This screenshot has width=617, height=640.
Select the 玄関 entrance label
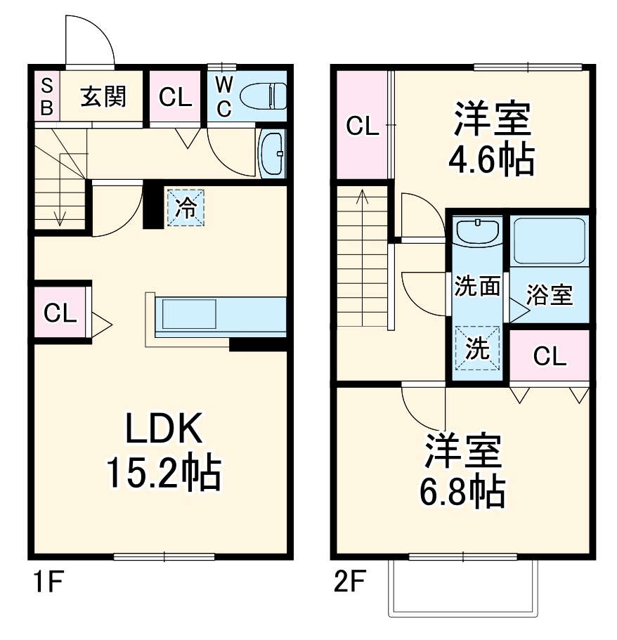(x=103, y=97)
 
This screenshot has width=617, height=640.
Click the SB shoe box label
(x=46, y=96)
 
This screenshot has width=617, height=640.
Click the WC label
(x=223, y=96)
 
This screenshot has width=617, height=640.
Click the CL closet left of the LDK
(x=60, y=313)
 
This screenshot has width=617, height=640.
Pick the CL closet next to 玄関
(x=175, y=97)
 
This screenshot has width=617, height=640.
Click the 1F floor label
(x=46, y=582)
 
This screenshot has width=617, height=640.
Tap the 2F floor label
(x=349, y=582)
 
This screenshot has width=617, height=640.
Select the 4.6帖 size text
(x=491, y=161)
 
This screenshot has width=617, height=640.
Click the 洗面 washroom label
(x=477, y=286)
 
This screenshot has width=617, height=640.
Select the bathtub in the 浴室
(x=549, y=241)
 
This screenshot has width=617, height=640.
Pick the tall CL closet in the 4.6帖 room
(x=362, y=126)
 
